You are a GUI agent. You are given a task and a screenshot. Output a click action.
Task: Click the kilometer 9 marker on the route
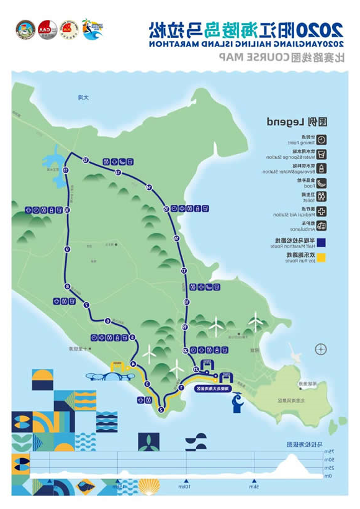pyautogui.click(x=66, y=249)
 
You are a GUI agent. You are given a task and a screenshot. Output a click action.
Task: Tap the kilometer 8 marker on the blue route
pyautogui.click(x=66, y=286)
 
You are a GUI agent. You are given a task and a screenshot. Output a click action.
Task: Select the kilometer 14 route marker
pyautogui.click(x=149, y=187)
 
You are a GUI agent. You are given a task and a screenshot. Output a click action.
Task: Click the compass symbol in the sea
pyautogui.click(x=320, y=349)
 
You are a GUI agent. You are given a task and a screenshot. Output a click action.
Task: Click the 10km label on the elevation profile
pyautogui.click(x=186, y=487)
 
